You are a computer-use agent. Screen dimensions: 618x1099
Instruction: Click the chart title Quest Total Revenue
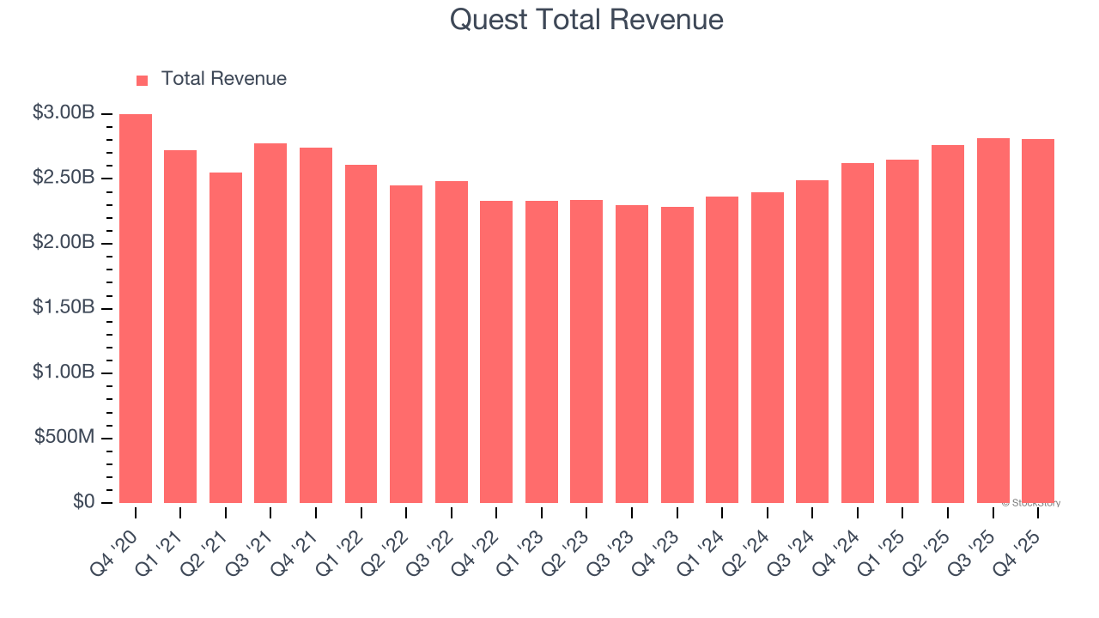tap(586, 20)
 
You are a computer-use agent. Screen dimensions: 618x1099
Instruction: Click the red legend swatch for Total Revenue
tap(143, 80)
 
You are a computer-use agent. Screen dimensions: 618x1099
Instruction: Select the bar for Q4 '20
tap(136, 308)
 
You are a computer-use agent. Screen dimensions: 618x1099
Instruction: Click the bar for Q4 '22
tap(496, 352)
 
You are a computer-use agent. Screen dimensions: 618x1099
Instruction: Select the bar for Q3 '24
tap(812, 342)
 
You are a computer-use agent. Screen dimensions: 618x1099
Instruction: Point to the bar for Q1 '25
tap(902, 331)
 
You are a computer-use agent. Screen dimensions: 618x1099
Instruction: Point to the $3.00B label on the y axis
tap(64, 113)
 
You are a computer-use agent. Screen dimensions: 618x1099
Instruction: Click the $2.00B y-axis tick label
tap(64, 243)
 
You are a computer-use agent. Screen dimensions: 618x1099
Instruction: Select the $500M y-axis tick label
tap(64, 438)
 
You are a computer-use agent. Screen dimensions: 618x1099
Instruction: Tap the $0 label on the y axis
tap(82, 502)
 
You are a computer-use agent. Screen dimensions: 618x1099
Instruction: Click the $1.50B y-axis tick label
tap(64, 308)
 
